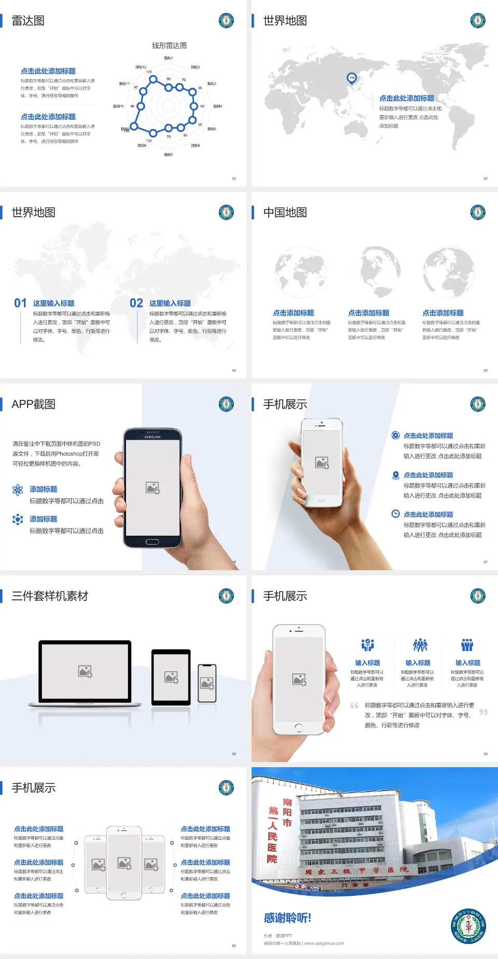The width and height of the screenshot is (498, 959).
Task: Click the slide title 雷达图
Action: pyautogui.click(x=28, y=21)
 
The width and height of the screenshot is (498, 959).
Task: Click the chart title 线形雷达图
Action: pyautogui.click(x=169, y=46)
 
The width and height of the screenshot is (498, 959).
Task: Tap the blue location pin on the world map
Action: pyautogui.click(x=352, y=78)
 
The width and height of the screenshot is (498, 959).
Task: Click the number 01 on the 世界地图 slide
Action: pyautogui.click(x=20, y=303)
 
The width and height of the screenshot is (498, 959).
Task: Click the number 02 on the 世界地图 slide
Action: pyautogui.click(x=136, y=303)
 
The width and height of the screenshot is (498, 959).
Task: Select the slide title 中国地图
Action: pyautogui.click(x=285, y=213)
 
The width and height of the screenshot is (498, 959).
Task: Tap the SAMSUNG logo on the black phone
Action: pyautogui.click(x=153, y=437)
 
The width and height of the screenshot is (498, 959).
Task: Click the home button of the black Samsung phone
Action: pyautogui.click(x=152, y=542)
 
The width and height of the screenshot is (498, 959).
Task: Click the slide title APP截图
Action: pyautogui.click(x=33, y=404)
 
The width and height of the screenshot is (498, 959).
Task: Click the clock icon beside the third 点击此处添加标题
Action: pyautogui.click(x=395, y=514)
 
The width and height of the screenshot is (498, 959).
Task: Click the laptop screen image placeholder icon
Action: pyautogui.click(x=85, y=671)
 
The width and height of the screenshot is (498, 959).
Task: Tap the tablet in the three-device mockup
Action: pyautogui.click(x=171, y=677)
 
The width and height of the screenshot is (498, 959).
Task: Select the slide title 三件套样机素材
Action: pyautogui.click(x=50, y=596)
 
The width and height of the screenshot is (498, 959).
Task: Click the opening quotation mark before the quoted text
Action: pyautogui.click(x=354, y=705)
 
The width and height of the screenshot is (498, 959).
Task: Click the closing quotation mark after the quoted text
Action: pyautogui.click(x=483, y=712)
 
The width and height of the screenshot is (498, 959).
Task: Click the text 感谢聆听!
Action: pyautogui.click(x=287, y=918)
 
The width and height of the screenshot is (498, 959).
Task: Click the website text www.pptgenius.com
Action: pyautogui.click(x=324, y=943)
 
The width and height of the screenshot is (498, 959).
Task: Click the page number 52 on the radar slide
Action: pyautogui.click(x=234, y=178)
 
